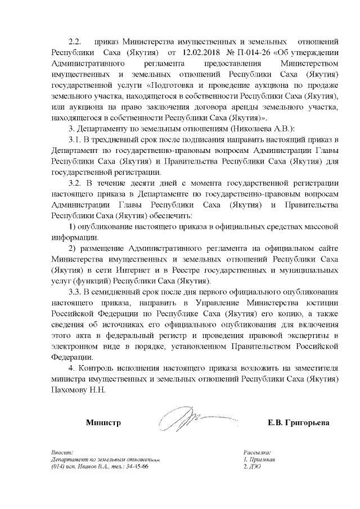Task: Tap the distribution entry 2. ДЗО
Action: (x=251, y=467)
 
